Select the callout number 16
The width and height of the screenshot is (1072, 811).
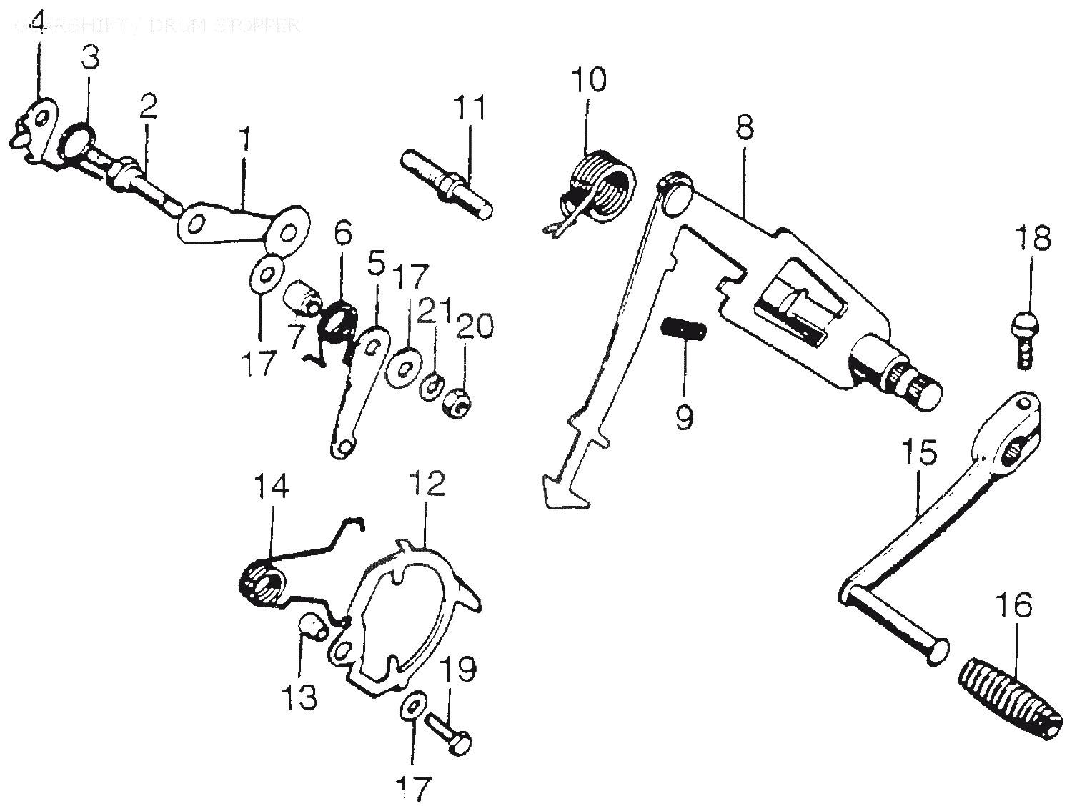1016,606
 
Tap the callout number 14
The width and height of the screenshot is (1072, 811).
271,487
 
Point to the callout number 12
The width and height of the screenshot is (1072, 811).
427,484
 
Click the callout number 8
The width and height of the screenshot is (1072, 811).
743,129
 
